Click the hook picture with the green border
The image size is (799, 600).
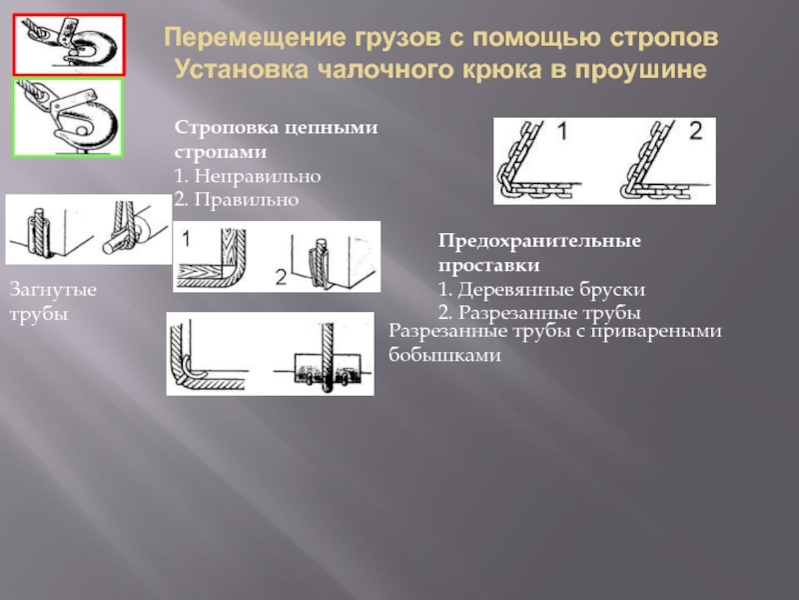(x=68, y=118)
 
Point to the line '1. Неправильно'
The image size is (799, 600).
(x=247, y=176)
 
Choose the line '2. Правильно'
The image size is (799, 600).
(x=237, y=200)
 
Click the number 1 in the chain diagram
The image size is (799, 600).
(x=562, y=131)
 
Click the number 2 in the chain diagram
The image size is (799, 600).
(x=695, y=131)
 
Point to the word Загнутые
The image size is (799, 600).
(x=53, y=290)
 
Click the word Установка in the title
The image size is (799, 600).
(x=241, y=71)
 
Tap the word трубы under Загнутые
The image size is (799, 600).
(x=36, y=314)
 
